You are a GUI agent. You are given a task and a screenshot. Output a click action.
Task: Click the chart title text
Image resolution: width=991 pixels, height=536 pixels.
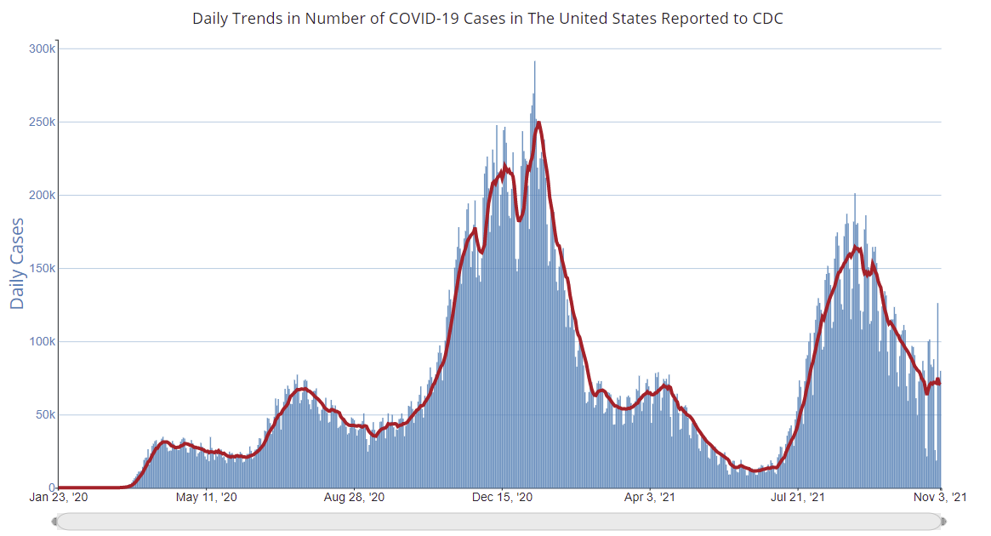pyautogui.click(x=487, y=18)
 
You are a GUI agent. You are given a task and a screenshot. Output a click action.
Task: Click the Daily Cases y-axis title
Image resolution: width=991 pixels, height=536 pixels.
pyautogui.click(x=18, y=263)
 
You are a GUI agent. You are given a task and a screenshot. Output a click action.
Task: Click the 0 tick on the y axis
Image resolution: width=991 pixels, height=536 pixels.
pyautogui.click(x=52, y=488)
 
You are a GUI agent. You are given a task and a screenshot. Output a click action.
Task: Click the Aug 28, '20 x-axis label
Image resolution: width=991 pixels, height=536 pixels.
pyautogui.click(x=355, y=497)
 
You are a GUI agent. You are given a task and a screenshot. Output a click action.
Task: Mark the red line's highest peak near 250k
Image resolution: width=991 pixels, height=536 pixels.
pyautogui.click(x=538, y=123)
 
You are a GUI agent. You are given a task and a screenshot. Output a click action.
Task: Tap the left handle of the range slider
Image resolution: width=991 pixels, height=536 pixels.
pyautogui.click(x=55, y=521)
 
